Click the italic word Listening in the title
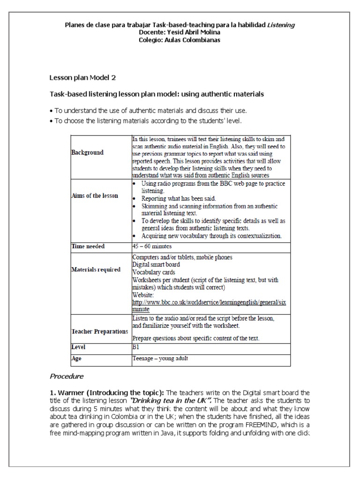pyautogui.click(x=281, y=25)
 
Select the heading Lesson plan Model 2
pyautogui.click(x=82, y=77)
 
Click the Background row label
pyautogui.click(x=88, y=152)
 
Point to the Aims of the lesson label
pyautogui.click(x=94, y=195)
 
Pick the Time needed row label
pyautogui.click(x=88, y=246)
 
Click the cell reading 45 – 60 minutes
pyautogui.click(x=152, y=246)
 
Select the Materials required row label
pyautogui.click(x=96, y=270)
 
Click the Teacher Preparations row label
pyautogui.click(x=99, y=331)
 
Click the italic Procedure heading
pyautogui.click(x=67, y=376)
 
